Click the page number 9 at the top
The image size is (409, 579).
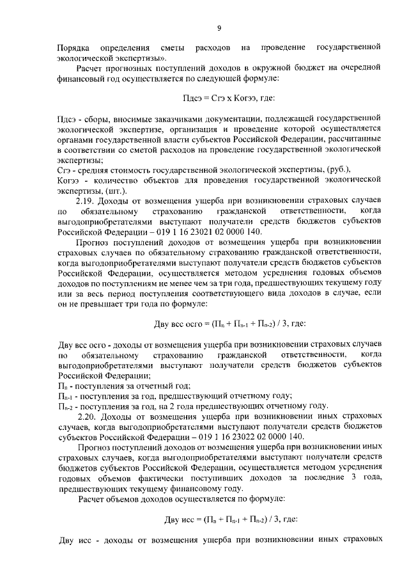click(x=219, y=28)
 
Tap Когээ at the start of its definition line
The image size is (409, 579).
click(x=68, y=180)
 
